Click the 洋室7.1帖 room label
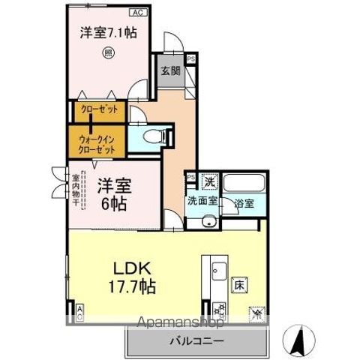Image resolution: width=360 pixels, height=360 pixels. click(x=108, y=32)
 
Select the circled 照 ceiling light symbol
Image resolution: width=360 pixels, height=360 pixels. click(x=109, y=52)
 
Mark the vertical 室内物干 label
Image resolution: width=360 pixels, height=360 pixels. click(x=76, y=190)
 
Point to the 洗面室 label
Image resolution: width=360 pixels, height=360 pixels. click(x=202, y=201)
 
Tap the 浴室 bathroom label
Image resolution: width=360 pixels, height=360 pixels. click(x=242, y=202)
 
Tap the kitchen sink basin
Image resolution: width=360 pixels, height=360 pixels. click(x=215, y=268)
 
